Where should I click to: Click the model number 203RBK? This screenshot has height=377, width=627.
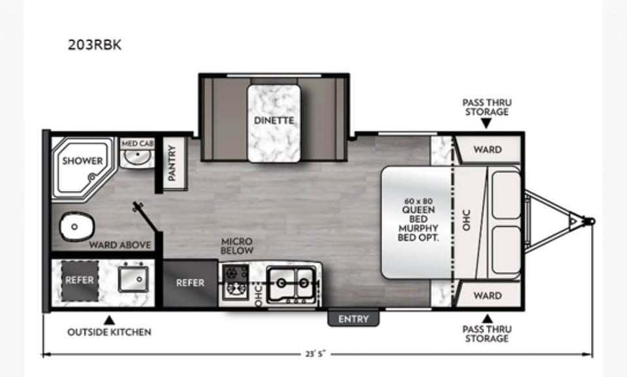point(94,46)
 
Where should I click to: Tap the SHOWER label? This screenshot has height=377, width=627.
point(82,160)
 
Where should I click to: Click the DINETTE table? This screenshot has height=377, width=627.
point(274,123)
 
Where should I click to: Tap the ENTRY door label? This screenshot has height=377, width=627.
point(353,319)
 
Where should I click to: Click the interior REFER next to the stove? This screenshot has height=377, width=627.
point(190,283)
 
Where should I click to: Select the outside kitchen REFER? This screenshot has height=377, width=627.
point(80,280)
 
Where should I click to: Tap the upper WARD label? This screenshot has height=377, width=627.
point(487,149)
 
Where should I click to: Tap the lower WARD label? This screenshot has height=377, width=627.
point(487,295)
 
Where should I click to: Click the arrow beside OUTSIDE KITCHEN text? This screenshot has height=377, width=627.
point(109,320)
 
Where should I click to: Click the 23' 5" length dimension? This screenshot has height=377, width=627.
point(317,354)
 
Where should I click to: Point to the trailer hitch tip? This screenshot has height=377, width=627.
point(592,222)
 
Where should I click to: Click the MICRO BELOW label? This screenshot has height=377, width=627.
point(236,246)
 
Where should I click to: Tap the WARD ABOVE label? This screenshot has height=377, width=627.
point(121,245)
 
